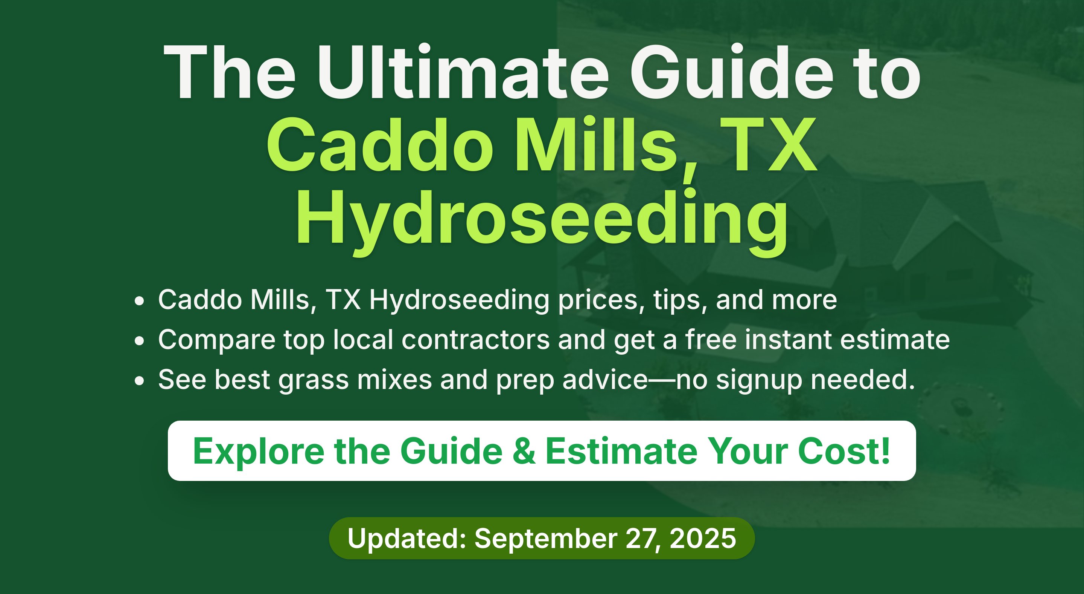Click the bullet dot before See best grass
(139, 381)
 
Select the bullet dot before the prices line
(139, 301)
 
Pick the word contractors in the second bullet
(475, 340)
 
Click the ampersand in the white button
(524, 451)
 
